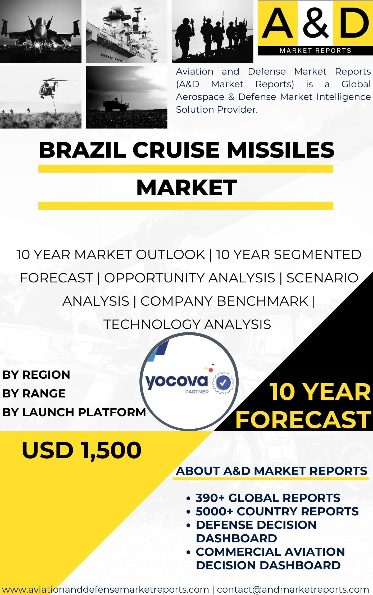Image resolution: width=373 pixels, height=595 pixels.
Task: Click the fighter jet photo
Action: (x=41, y=31)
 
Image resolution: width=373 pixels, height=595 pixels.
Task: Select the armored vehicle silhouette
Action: (x=116, y=104)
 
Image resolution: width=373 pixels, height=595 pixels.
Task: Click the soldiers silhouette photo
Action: (x=212, y=31)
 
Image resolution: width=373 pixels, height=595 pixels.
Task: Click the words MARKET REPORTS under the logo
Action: (x=316, y=51)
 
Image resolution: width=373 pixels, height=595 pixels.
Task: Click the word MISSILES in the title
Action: (x=281, y=150)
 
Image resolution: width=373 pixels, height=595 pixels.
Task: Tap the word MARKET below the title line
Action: (x=186, y=187)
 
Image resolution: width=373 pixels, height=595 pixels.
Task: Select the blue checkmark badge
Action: (x=224, y=382)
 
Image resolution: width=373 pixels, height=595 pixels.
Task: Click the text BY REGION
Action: (x=36, y=375)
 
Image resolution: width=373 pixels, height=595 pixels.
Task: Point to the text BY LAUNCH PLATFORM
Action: (x=74, y=412)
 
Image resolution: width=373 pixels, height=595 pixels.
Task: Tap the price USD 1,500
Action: (x=82, y=450)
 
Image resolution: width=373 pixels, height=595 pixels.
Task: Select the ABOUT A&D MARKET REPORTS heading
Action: (x=272, y=471)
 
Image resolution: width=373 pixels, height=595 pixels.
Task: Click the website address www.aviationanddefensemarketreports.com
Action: (x=106, y=589)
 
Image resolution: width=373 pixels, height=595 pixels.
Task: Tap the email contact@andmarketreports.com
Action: (x=293, y=589)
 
